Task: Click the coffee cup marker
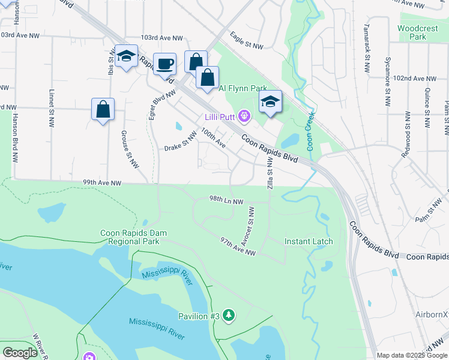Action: click(164, 64)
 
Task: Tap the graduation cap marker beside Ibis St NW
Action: click(126, 56)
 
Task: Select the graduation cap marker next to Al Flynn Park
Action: click(270, 101)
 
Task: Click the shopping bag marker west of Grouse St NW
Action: click(103, 109)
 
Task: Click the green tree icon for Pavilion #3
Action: click(228, 315)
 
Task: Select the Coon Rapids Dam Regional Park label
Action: click(133, 237)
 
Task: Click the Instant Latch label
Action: click(309, 241)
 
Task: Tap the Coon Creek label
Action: click(310, 134)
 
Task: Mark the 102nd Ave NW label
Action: click(418, 79)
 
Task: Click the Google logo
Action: click(20, 353)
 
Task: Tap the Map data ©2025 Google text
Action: click(411, 355)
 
